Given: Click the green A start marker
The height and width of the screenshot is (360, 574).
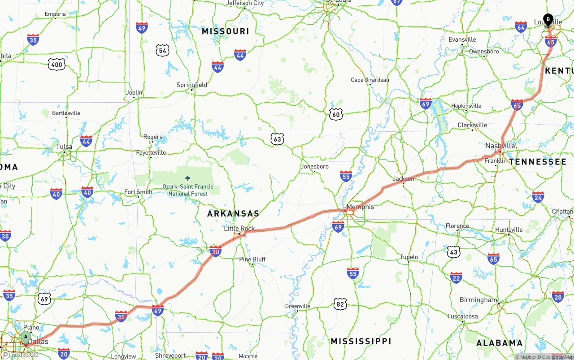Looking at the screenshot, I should tap(26, 337).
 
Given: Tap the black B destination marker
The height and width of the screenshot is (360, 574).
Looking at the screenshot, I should tap(548, 19).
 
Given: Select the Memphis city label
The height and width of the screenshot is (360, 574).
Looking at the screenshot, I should tap(360, 207).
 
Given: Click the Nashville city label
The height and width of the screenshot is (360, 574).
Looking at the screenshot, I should tap(500, 146).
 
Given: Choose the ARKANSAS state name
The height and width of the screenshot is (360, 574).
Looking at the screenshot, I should tap(233, 214).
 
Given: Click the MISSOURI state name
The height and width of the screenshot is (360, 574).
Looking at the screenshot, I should tap(225, 31).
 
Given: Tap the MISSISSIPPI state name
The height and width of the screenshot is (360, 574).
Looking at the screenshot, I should tap(361, 342).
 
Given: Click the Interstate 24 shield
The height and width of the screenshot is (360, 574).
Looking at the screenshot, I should tap(538, 197).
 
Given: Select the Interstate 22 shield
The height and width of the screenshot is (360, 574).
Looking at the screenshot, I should tap(456, 278).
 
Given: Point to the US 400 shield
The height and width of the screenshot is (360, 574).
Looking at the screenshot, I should tap(57, 65).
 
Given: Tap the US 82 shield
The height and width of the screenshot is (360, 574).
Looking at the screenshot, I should tap(340, 304).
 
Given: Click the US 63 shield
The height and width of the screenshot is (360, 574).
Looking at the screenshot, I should tap(277, 139).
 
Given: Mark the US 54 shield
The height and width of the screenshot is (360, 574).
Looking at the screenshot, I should tap(162, 50).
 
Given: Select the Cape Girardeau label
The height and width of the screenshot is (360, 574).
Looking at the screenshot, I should tap(370, 80).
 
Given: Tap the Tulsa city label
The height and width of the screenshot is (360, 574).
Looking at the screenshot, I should tap(64, 147).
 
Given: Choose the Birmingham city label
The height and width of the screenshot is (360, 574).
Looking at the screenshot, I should tap(478, 299).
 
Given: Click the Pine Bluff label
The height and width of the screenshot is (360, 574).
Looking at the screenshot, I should tap(252, 259).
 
